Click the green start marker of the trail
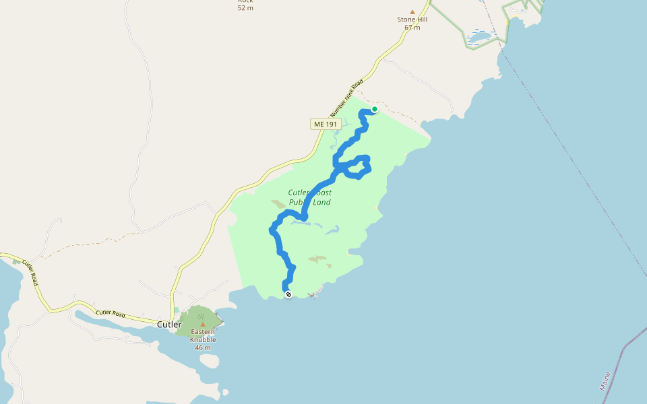(375, 109)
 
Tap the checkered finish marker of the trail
(288, 294)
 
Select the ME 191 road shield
(326, 124)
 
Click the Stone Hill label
(412, 20)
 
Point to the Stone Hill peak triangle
(412, 11)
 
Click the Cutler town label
(169, 325)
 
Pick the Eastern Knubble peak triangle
(203, 325)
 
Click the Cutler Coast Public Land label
(310, 197)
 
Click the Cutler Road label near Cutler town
(111, 313)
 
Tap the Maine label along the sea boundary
(605, 381)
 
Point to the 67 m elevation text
(412, 28)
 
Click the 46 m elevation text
(203, 347)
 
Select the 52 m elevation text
(245, 7)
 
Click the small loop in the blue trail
(355, 166)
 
